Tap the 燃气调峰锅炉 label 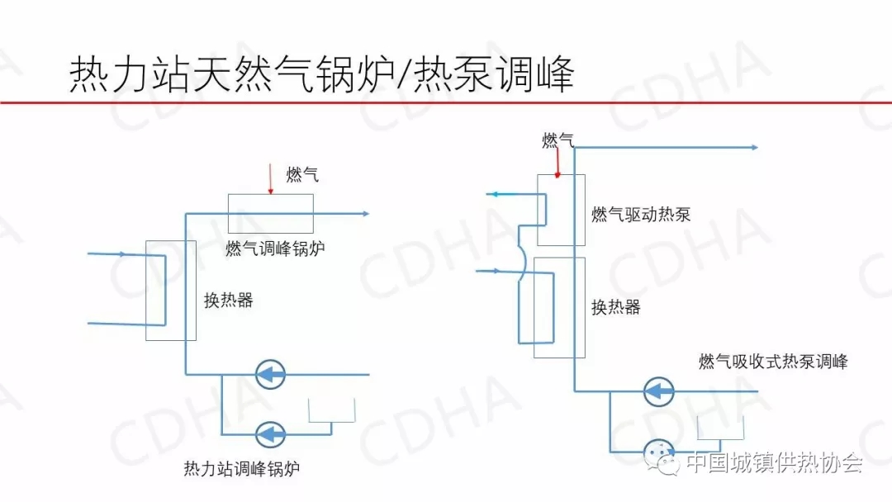(x=275, y=248)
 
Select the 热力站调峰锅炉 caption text (x=241, y=469)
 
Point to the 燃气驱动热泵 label (x=641, y=215)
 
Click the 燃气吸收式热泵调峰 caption (x=772, y=361)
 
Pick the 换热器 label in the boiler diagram (x=228, y=300)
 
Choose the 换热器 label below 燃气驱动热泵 (x=615, y=307)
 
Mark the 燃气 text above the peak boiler (x=301, y=174)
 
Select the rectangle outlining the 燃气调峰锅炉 (x=271, y=214)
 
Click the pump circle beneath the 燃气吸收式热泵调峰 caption (x=659, y=391)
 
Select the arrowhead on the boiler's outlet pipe (x=364, y=214)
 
